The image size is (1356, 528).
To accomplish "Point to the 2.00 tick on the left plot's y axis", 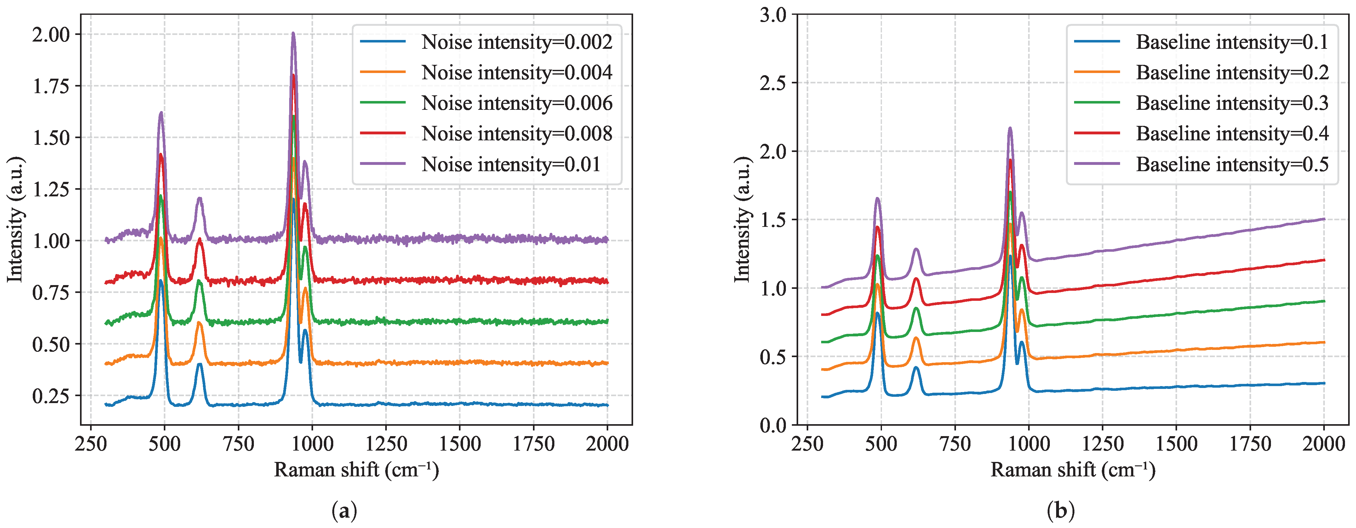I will [x=51, y=35].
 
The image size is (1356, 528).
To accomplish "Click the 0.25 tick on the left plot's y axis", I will [x=51, y=396].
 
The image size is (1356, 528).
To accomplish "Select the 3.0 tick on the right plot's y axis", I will [x=773, y=15].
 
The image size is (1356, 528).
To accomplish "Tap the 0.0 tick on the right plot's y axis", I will [x=773, y=425].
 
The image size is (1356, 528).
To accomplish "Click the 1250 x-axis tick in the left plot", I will [x=386, y=444].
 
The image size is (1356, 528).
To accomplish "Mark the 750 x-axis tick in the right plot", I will [x=955, y=444].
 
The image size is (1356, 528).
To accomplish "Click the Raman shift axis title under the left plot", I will [x=356, y=469].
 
